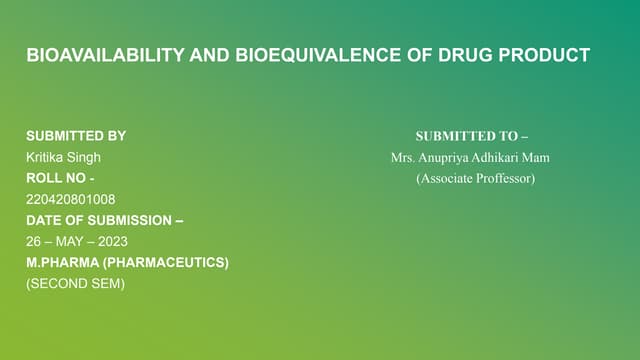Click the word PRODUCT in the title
click(543, 55)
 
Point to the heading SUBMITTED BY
click(76, 136)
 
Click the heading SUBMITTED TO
click(471, 136)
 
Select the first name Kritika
click(46, 157)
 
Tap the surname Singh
click(85, 157)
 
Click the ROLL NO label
click(60, 178)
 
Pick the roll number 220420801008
click(70, 199)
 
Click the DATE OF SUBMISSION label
click(104, 220)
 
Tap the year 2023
click(113, 241)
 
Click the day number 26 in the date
click(33, 241)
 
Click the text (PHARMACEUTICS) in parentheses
click(167, 262)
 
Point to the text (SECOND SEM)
click(75, 283)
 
